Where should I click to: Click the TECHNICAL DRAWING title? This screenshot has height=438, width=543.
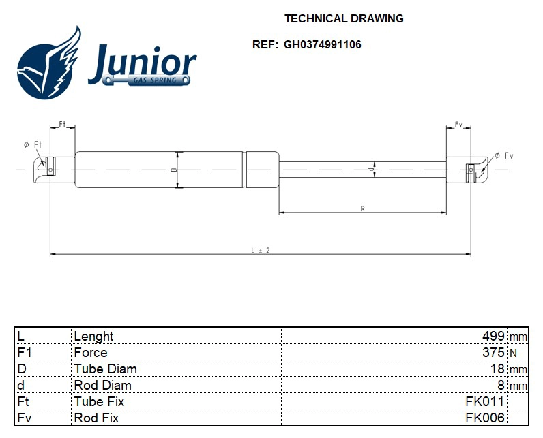tap(344, 18)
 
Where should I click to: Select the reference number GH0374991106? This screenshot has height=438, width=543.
tap(323, 45)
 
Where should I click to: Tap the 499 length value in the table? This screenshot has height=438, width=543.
tap(493, 336)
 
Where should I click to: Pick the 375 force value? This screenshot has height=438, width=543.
tap(493, 352)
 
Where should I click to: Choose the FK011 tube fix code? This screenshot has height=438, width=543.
tap(484, 401)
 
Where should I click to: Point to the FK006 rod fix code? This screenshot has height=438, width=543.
tap(484, 418)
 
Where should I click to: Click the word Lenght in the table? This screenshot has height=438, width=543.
tap(93, 336)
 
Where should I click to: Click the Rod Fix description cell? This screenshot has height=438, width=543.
tap(96, 418)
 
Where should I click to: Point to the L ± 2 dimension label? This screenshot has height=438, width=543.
tap(261, 250)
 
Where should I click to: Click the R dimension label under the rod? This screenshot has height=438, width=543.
tap(362, 208)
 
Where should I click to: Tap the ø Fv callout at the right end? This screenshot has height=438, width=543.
tap(504, 156)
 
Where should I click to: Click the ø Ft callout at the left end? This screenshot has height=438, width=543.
tap(33, 144)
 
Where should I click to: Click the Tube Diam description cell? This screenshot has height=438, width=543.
tap(105, 369)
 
